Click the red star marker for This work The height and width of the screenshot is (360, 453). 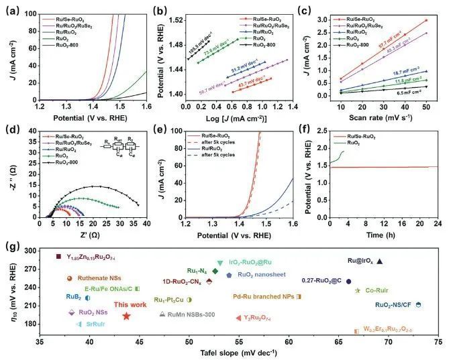(x=126, y=316)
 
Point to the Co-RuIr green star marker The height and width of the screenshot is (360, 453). (x=358, y=290)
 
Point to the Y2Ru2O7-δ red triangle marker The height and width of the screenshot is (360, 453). (x=238, y=318)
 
